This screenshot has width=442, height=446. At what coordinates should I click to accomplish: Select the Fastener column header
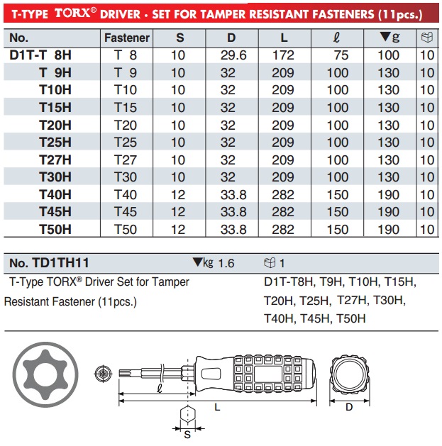point(126,38)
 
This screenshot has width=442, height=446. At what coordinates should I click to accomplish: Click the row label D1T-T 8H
point(41,55)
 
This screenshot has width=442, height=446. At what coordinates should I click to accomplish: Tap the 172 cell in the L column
point(283,55)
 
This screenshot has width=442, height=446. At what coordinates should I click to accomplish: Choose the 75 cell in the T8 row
point(338,55)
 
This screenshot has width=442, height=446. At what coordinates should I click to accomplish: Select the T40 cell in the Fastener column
point(126,194)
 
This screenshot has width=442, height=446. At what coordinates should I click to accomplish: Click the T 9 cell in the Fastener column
point(126,72)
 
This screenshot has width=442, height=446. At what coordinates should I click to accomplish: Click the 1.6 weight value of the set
point(226,263)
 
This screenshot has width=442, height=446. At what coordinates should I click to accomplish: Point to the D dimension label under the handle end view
point(348,407)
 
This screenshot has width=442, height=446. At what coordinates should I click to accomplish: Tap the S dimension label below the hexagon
point(188,435)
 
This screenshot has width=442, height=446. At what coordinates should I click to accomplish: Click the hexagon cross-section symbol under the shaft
point(188,413)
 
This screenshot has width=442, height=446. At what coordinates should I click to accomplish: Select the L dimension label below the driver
point(217,408)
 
